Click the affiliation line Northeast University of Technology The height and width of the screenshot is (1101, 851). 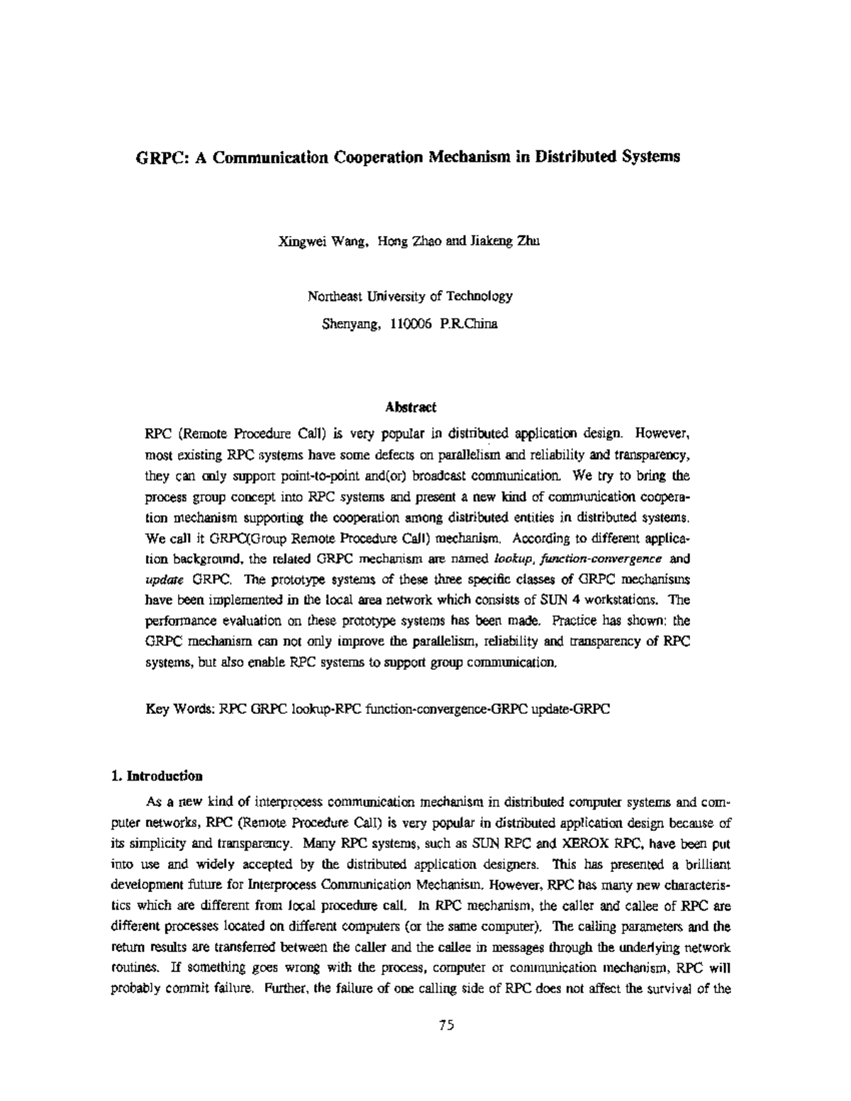[410, 296]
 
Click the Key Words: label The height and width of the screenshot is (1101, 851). [180, 708]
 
